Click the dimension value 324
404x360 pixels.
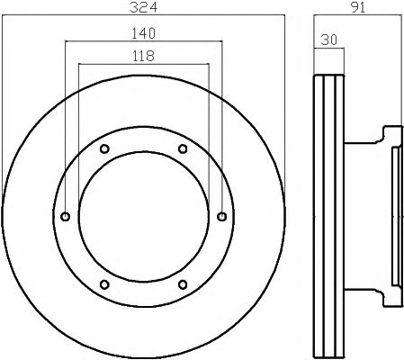(143, 7)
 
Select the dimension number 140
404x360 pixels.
(144, 33)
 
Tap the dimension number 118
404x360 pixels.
(144, 56)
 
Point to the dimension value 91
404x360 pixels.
(358, 6)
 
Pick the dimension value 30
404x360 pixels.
(329, 40)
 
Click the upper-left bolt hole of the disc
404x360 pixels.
(104, 148)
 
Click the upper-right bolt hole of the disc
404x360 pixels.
(183, 148)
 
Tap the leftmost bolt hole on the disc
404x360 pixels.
(66, 216)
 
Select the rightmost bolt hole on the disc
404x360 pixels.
(222, 216)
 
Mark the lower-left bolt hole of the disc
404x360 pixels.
(104, 284)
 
